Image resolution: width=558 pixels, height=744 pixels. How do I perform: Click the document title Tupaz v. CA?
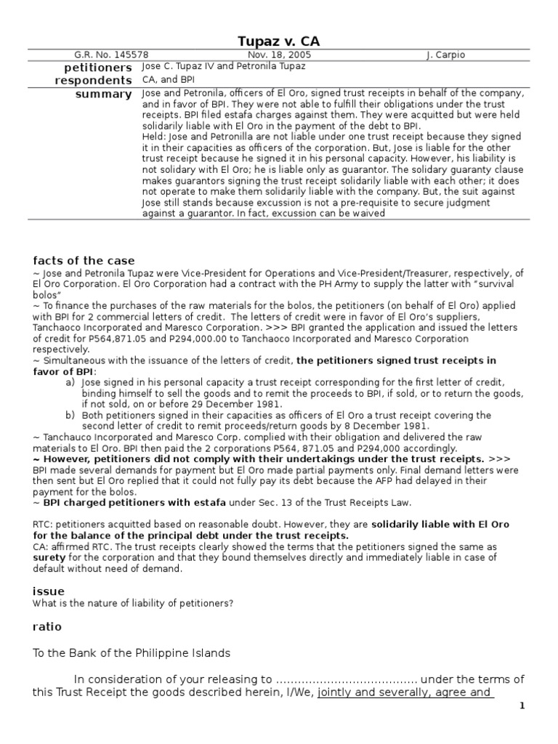[x=279, y=41]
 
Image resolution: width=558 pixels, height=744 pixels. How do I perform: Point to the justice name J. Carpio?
[x=445, y=54]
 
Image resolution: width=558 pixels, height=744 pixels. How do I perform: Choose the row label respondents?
[x=94, y=80]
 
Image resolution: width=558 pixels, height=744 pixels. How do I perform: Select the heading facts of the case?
[x=84, y=261]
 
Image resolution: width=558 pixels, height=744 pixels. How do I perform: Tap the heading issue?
[x=49, y=591]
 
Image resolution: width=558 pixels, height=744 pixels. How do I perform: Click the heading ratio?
[x=48, y=626]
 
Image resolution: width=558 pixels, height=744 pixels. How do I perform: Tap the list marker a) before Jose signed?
[x=70, y=382]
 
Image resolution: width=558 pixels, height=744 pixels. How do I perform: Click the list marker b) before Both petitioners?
[x=70, y=414]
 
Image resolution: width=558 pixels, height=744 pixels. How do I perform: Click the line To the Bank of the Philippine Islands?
[x=131, y=652]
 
